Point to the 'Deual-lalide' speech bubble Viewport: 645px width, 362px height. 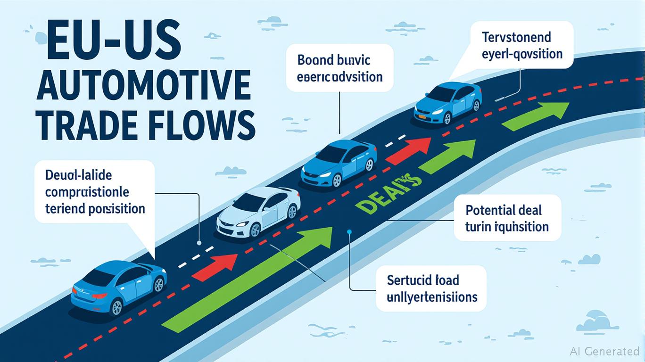click(x=95, y=191)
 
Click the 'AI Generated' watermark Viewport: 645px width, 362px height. click(x=604, y=351)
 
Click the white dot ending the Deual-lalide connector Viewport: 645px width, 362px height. click(x=199, y=243)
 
